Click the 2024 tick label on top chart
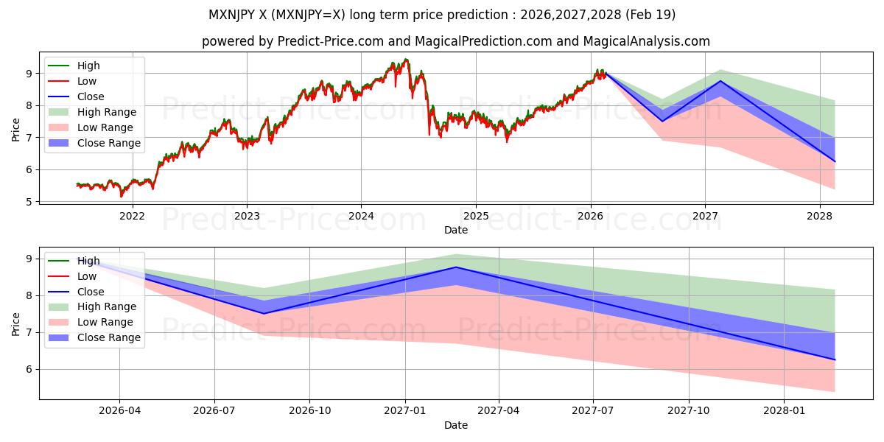click(x=361, y=216)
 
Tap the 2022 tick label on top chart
click(x=132, y=216)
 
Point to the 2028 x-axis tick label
click(x=820, y=216)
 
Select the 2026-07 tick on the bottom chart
click(x=214, y=411)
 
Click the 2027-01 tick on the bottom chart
click(x=405, y=411)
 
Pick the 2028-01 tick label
click(x=784, y=411)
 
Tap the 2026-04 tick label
click(x=119, y=411)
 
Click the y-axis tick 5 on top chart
click(x=29, y=202)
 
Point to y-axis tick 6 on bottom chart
click(x=29, y=369)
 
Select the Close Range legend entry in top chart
click(x=94, y=143)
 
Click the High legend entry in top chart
click(x=74, y=66)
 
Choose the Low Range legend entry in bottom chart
click(x=91, y=322)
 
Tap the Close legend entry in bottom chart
click(x=76, y=292)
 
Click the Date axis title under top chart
click(x=456, y=230)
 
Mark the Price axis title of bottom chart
click(x=15, y=324)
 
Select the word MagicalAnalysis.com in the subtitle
click(x=647, y=41)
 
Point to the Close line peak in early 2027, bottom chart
click(x=456, y=267)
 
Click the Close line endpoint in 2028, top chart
click(x=835, y=161)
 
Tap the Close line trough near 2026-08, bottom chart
click(x=264, y=314)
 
